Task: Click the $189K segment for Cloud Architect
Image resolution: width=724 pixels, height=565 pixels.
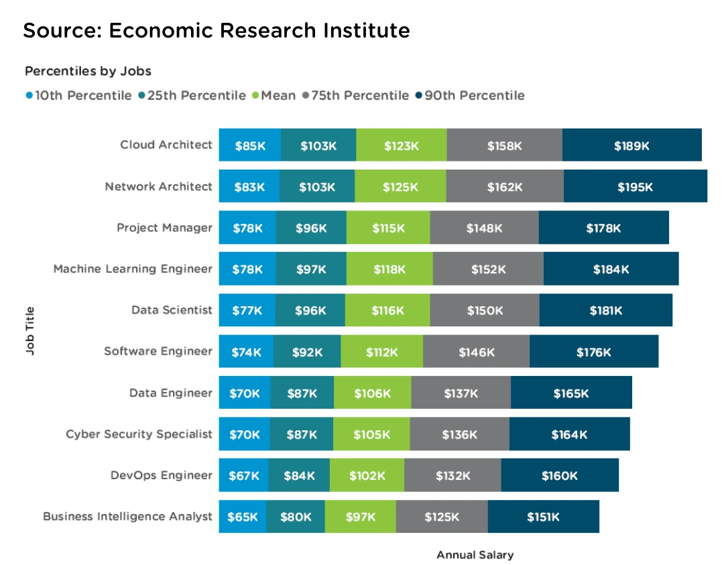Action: coord(631,145)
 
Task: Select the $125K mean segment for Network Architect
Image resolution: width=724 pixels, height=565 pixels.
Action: coord(400,187)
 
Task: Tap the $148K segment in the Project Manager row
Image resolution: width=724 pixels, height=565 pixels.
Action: coord(484,228)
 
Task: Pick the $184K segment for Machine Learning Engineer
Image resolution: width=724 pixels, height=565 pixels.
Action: coord(611,269)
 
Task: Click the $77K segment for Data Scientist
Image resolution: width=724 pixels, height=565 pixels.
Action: coord(247,311)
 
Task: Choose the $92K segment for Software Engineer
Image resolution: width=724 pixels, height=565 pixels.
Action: coord(307,352)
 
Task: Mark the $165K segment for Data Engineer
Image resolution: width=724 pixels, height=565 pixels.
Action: coord(571,393)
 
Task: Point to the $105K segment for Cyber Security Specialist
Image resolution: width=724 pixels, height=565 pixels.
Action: coord(371,435)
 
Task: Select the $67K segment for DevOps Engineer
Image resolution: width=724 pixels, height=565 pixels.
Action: coord(243,476)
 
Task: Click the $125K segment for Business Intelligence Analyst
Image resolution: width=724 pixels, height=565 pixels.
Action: coord(441,517)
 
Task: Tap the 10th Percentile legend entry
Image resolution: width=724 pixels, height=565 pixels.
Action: coord(78,95)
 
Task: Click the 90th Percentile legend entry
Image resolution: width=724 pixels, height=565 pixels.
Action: coord(470,95)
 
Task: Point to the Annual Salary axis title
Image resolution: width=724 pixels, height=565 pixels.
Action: coord(475,555)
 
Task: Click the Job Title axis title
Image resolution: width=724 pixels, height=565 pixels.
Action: coord(29,331)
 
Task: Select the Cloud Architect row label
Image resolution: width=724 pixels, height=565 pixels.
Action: coord(166,145)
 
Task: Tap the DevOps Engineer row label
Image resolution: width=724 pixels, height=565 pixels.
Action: coord(161,475)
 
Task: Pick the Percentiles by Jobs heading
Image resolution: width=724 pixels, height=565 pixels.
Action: coord(88,70)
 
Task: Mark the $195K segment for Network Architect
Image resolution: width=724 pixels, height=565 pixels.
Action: coord(635,187)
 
